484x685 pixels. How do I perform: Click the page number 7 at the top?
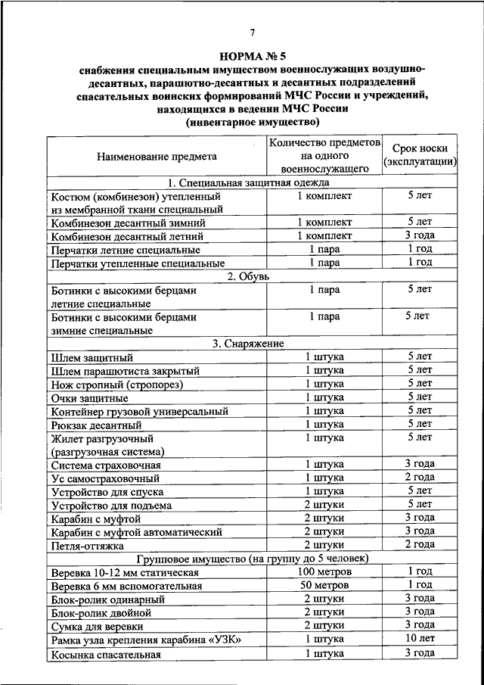253,31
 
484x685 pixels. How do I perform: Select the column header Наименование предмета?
157,157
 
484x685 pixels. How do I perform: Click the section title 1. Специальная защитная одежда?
249,182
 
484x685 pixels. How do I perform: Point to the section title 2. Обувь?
249,276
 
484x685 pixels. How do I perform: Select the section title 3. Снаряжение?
249,343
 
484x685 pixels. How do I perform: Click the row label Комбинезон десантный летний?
126,236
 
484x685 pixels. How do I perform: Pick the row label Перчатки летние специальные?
125,250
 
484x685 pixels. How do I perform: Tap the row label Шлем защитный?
92,357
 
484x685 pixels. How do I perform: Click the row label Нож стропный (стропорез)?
117,385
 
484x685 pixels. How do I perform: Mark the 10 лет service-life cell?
420,640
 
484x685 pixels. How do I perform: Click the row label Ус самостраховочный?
105,478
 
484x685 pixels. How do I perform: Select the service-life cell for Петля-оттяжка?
420,544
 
